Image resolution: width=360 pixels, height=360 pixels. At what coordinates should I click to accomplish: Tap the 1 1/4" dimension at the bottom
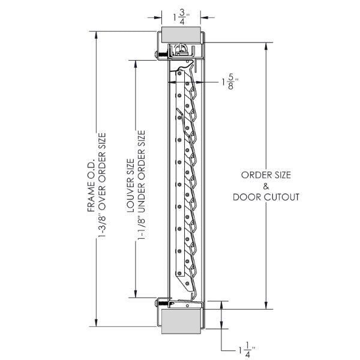click(245, 348)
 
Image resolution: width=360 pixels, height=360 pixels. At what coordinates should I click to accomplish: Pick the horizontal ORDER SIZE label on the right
click(266, 175)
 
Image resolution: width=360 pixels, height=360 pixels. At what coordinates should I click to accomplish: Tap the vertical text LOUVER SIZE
click(130, 180)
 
